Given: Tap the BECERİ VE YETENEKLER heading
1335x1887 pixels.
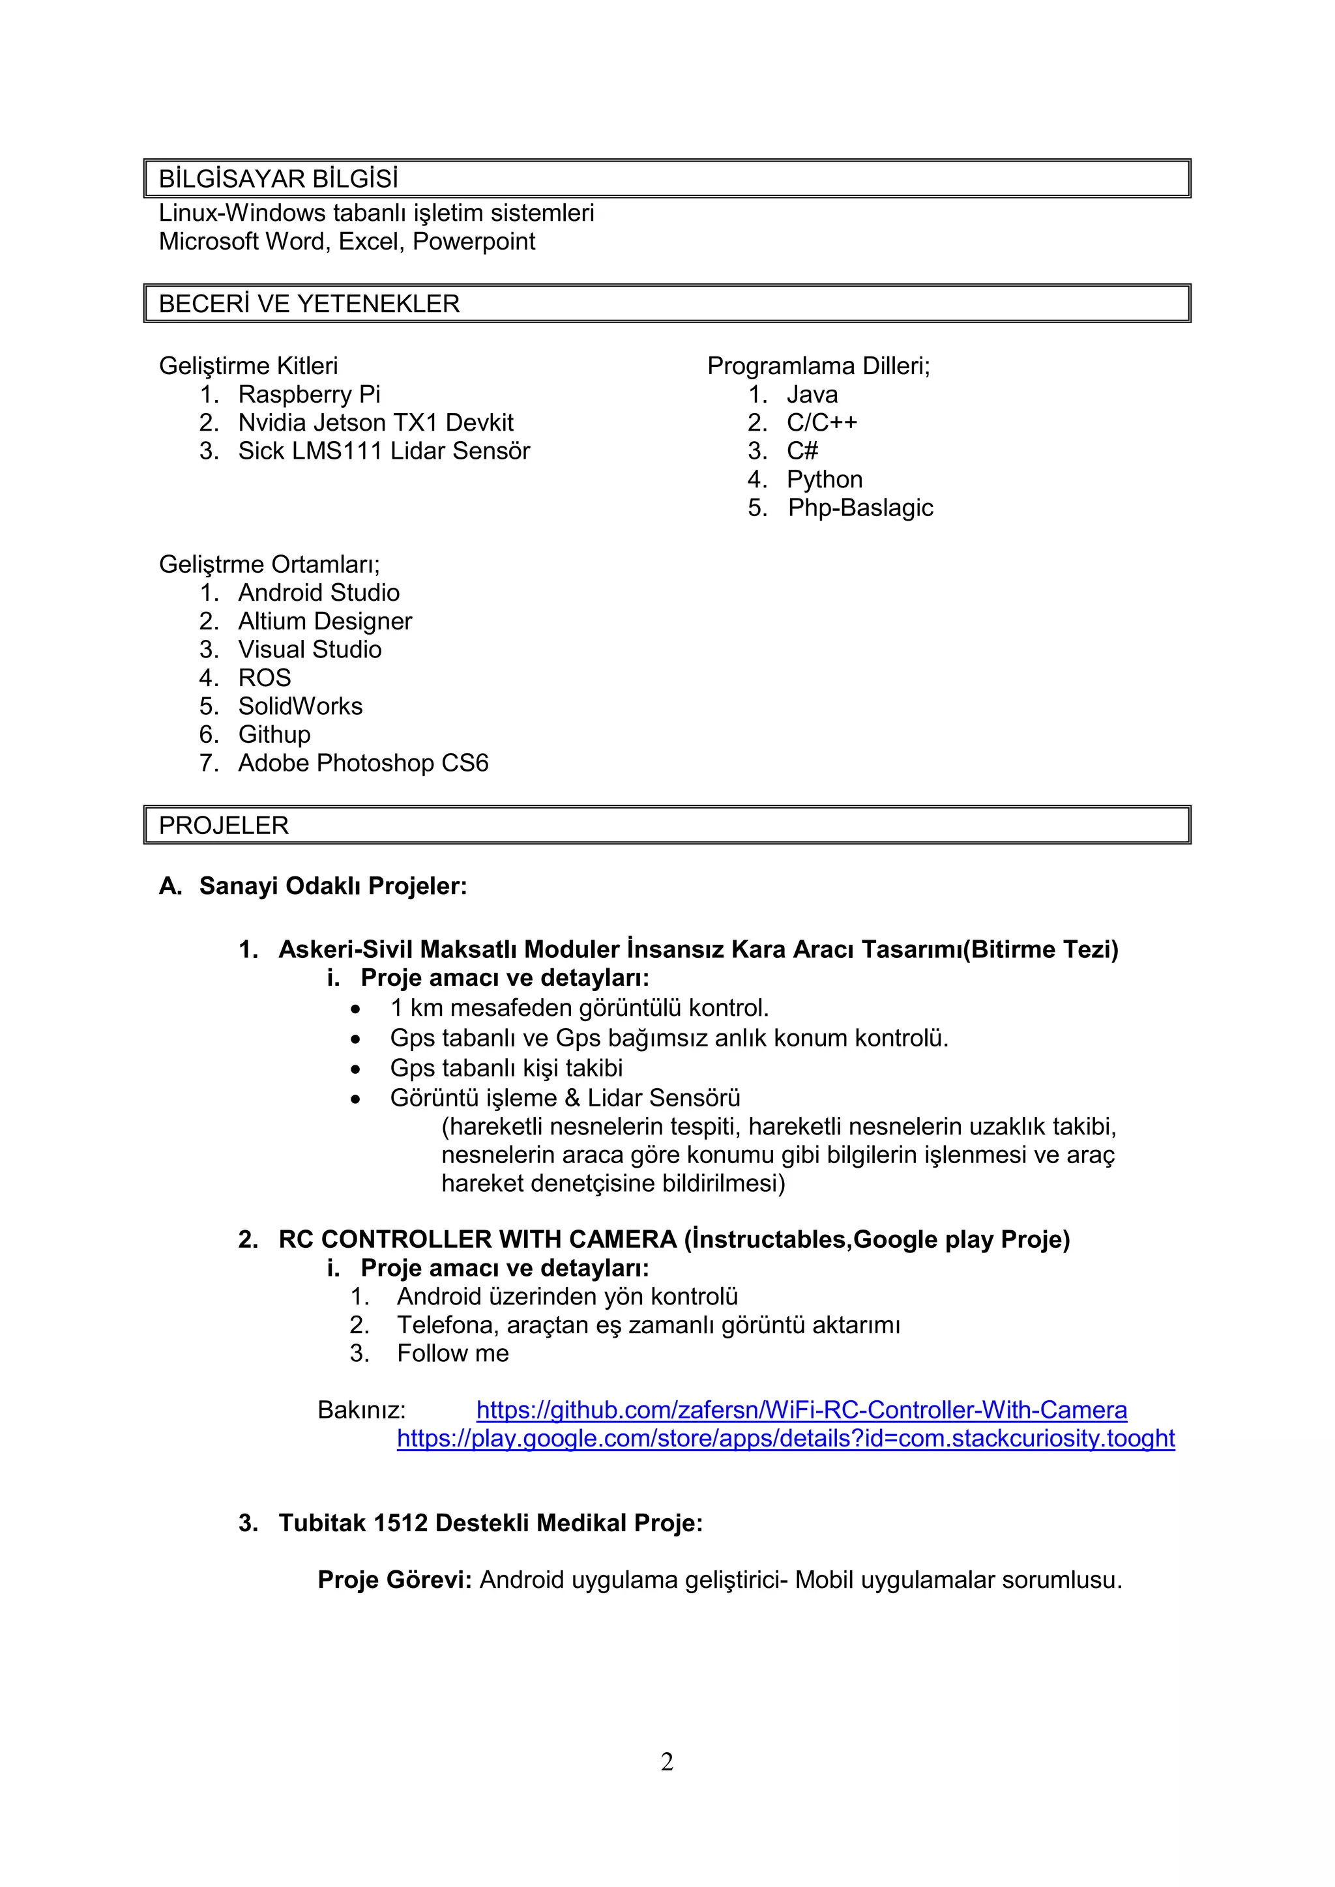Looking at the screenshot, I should pos(309,304).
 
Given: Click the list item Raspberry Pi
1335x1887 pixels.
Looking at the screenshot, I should pos(309,394).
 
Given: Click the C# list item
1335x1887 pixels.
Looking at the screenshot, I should pos(802,451).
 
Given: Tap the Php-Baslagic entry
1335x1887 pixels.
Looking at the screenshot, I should pos(860,508).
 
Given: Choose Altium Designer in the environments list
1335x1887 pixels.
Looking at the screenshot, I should pos(325,622).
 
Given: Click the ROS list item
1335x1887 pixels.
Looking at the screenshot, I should pos(265,678).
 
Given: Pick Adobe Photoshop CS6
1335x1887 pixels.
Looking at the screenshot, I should pos(363,764).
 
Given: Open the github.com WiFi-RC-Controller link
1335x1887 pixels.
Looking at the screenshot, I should pos(802,1410).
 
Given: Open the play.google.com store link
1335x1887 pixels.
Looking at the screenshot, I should pos(785,1438).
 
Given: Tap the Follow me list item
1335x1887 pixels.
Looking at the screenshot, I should pos(453,1353).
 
